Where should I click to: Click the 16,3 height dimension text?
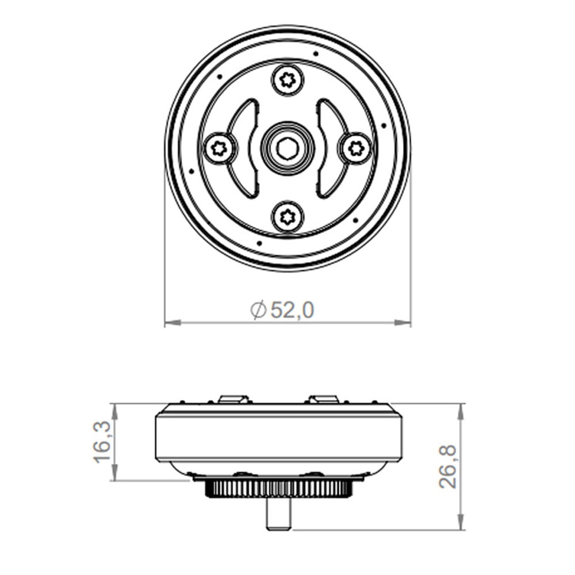point(102,442)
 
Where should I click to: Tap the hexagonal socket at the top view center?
point(287,148)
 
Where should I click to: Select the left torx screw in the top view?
point(219,148)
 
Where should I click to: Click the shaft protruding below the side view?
point(278,515)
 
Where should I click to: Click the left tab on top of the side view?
point(233,398)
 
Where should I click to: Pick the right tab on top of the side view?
point(323,398)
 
